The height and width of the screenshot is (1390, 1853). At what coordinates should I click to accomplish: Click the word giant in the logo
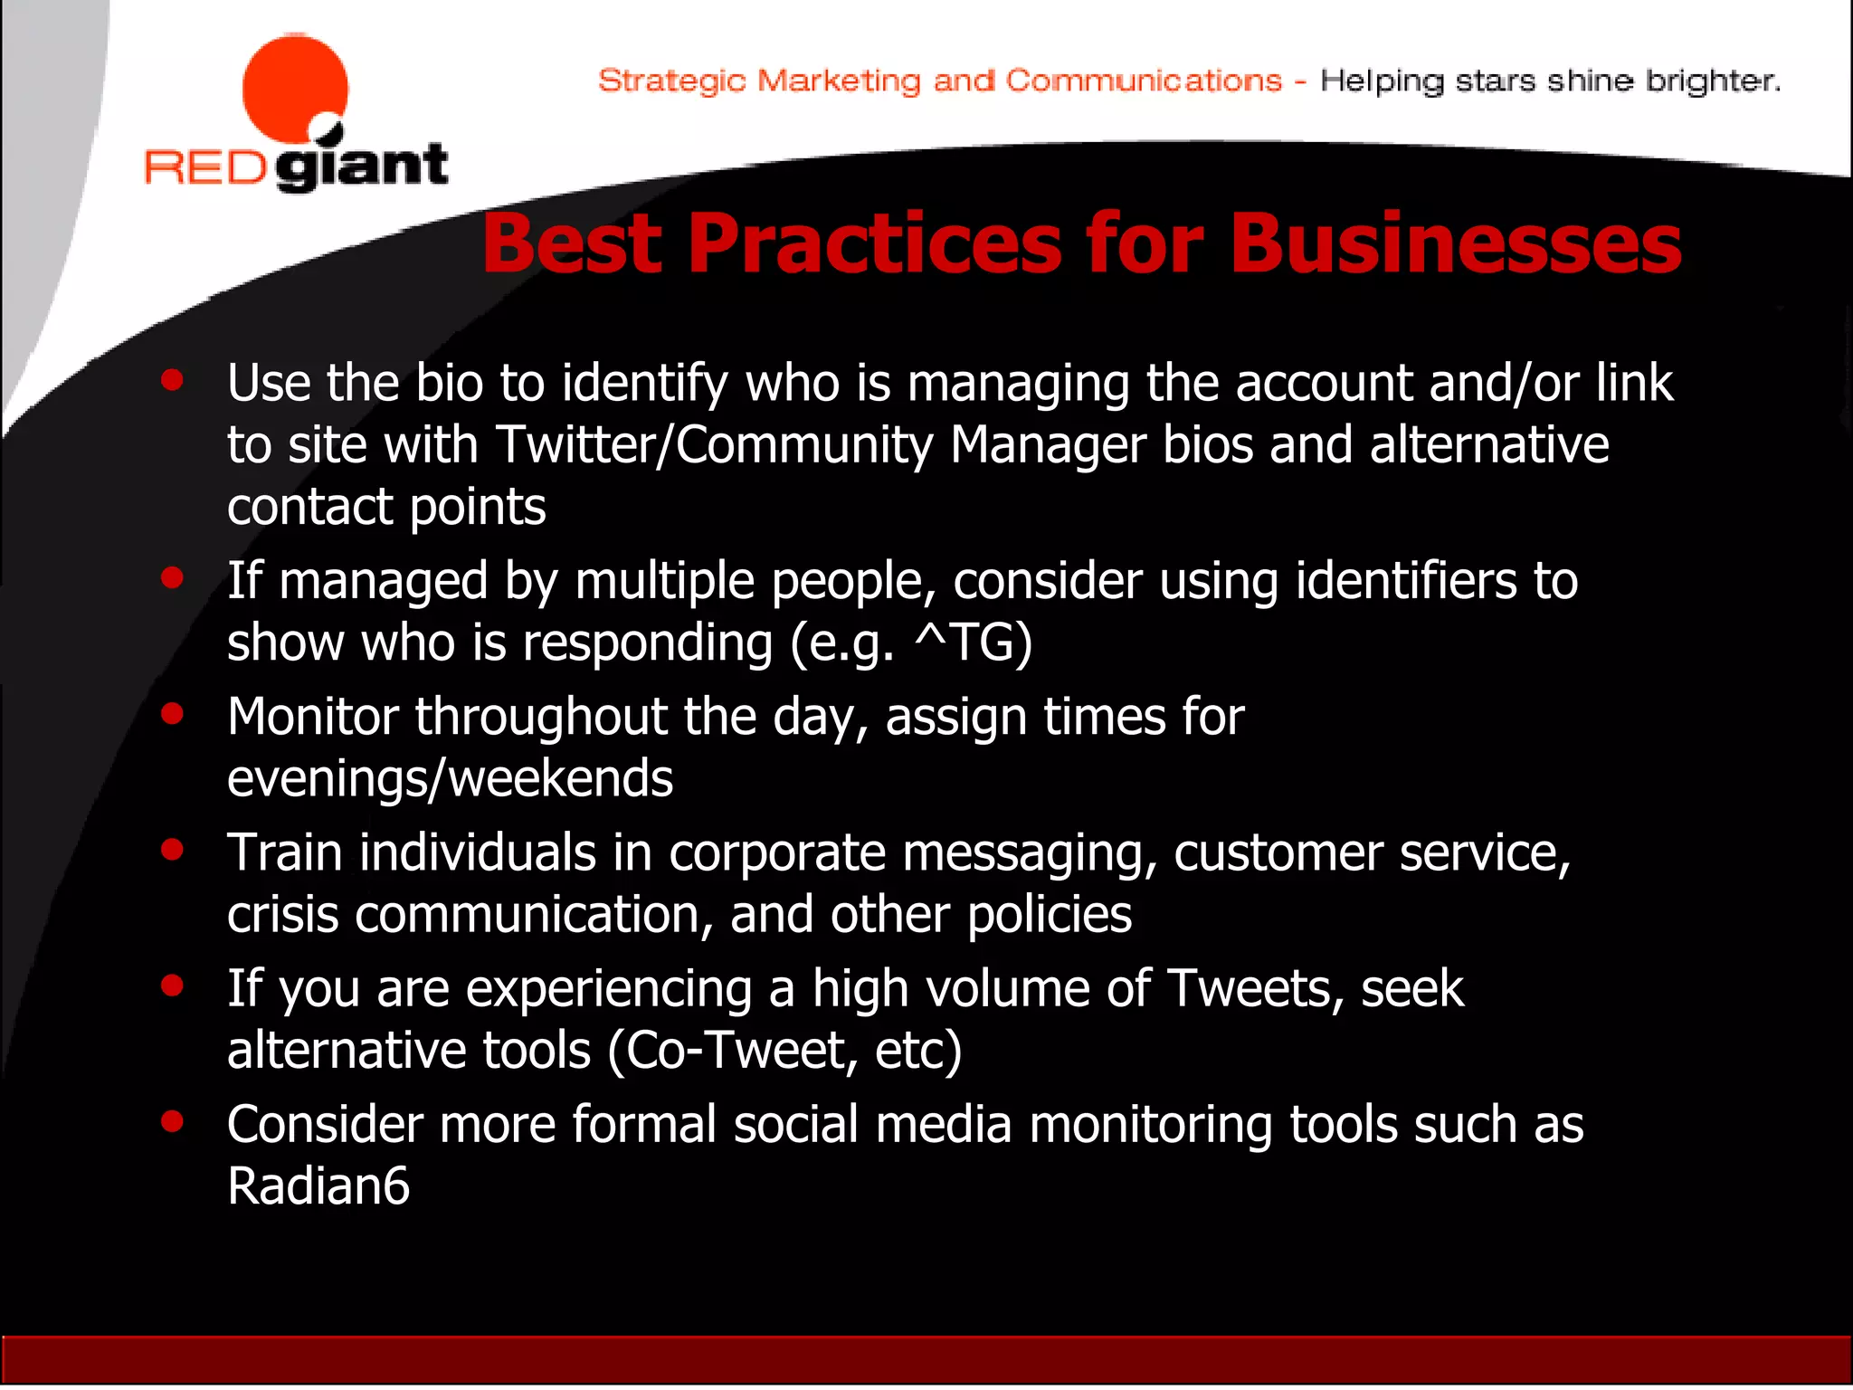[362, 167]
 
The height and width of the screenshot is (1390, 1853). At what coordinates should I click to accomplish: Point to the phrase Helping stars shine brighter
[1550, 81]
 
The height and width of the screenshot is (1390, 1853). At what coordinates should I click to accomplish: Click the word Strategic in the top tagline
[671, 81]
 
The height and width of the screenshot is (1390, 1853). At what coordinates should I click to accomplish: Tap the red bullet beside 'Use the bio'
[172, 381]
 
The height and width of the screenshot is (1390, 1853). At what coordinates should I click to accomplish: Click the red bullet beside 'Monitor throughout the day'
[172, 714]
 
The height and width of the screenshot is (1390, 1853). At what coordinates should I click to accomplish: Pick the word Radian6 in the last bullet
[318, 1186]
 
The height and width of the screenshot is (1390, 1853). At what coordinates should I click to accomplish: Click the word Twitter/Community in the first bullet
[715, 445]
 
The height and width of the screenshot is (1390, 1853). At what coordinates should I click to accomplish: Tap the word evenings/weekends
[450, 778]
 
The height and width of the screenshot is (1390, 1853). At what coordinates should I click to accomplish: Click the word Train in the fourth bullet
[285, 852]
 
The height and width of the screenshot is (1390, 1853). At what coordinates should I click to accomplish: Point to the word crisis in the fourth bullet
[281, 915]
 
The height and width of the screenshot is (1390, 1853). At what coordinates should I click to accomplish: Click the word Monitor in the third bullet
[312, 717]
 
